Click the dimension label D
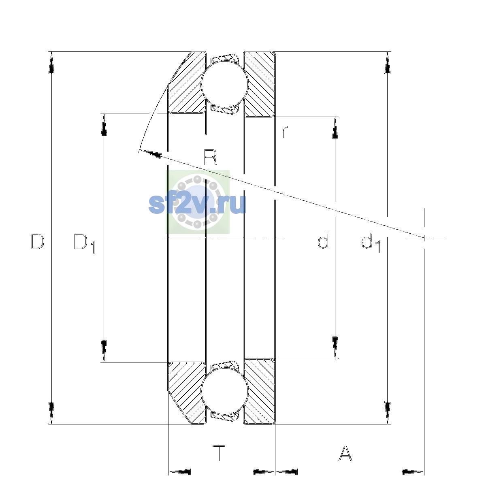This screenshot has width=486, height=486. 38,241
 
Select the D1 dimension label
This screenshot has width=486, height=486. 85,243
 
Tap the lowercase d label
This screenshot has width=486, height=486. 323,241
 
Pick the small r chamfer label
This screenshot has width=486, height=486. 284,132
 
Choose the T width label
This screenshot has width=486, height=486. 219,453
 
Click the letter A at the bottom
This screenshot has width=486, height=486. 345,453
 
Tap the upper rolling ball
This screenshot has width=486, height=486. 225,84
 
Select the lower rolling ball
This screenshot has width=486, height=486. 225,391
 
